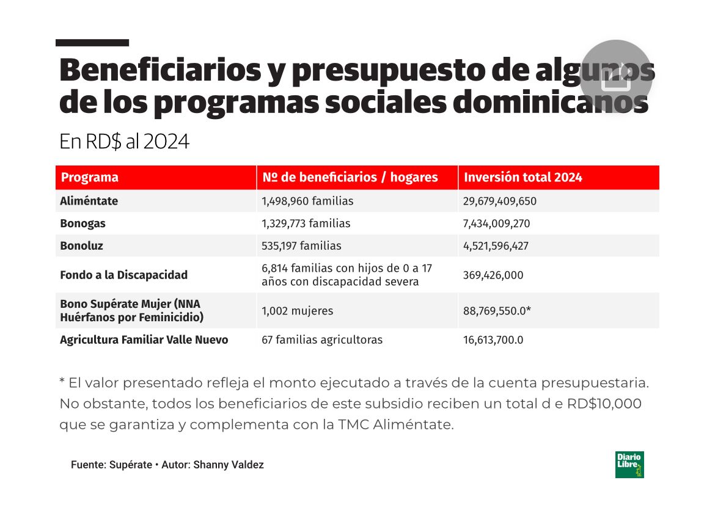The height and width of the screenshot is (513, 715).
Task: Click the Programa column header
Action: click(x=90, y=178)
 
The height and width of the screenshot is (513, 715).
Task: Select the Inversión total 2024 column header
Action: click(x=523, y=178)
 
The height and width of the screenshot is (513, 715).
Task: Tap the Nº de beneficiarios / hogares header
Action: click(x=350, y=178)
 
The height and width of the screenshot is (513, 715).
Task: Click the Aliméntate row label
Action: click(x=89, y=201)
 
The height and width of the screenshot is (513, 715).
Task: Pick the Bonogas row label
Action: click(x=82, y=224)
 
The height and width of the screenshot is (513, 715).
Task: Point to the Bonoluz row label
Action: click(x=82, y=246)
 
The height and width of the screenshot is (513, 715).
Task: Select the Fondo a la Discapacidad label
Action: click(x=123, y=275)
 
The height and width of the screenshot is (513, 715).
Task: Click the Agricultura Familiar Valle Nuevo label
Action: click(x=144, y=340)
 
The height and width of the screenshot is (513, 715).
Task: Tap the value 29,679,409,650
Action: click(x=500, y=201)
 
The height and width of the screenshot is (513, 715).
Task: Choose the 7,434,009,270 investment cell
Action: click(x=497, y=224)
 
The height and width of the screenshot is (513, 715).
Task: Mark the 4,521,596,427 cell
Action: click(x=496, y=246)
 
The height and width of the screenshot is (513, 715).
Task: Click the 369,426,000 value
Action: click(x=493, y=275)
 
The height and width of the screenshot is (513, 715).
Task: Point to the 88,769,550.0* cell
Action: click(x=497, y=311)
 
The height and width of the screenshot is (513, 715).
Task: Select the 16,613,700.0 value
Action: click(x=493, y=340)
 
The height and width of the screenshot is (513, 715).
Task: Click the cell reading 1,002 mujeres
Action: click(x=298, y=311)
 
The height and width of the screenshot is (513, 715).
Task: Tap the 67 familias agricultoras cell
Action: click(x=322, y=340)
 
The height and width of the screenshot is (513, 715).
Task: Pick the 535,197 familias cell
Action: click(x=301, y=246)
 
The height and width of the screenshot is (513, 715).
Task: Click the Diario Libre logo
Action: click(x=629, y=465)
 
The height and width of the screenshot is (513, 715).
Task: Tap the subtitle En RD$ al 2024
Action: click(x=124, y=142)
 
